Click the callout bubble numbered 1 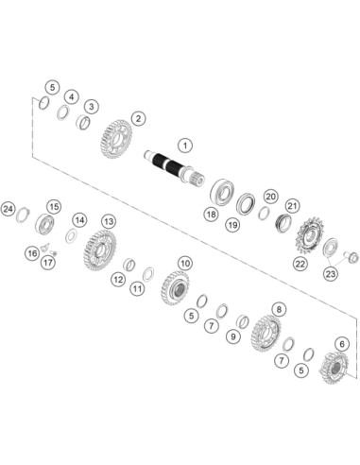(x=185, y=146)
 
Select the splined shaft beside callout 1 (x=175, y=168)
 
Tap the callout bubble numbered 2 (x=138, y=119)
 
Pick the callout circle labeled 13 (x=109, y=221)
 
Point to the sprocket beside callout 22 (x=309, y=237)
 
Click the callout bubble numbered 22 (x=300, y=264)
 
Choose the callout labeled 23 (x=331, y=274)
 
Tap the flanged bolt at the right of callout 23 (x=351, y=256)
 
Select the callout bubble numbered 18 (x=211, y=215)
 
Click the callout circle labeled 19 (x=232, y=225)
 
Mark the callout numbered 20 (x=270, y=197)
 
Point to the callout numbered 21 (x=293, y=206)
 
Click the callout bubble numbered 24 (x=9, y=209)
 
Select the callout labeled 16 (x=32, y=253)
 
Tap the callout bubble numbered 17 (x=48, y=262)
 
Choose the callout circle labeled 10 (x=185, y=263)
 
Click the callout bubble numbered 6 (x=342, y=344)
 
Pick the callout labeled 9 (x=233, y=336)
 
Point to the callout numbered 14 (x=79, y=220)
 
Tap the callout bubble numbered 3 (x=92, y=107)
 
